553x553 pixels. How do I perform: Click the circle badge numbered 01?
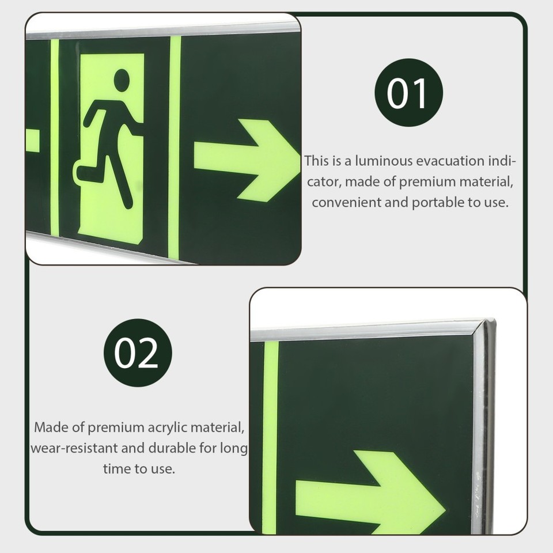pos(409,93)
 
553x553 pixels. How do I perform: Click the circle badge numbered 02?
pos(138,353)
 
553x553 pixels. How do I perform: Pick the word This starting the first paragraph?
pos(316,161)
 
